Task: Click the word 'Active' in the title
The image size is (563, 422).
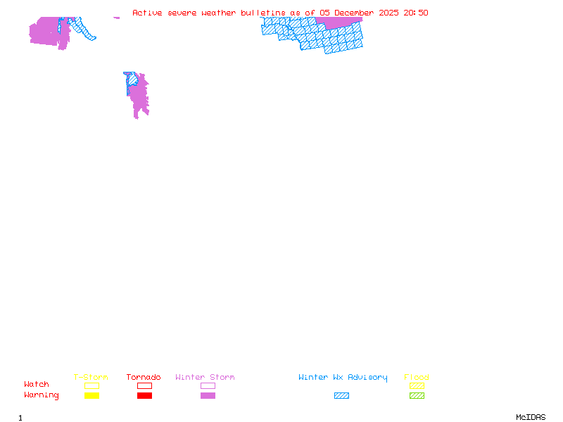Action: point(147,13)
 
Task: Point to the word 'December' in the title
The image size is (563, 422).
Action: point(354,13)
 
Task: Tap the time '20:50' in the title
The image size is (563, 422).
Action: point(416,13)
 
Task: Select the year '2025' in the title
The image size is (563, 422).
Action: point(389,13)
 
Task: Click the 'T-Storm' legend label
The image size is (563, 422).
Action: point(91,378)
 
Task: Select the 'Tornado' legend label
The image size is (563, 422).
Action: point(144,378)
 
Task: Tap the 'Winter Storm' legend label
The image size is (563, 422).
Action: point(205,378)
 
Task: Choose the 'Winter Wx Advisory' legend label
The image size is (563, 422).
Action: point(343,378)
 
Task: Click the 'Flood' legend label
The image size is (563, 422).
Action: point(417,378)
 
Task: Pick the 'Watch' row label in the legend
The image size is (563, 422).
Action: point(37,385)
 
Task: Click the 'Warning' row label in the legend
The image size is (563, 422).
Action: point(42,395)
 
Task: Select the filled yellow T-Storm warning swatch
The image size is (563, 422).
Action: point(91,396)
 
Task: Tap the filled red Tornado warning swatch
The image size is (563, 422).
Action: point(144,396)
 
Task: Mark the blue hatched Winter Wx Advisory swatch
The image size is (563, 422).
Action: point(341,396)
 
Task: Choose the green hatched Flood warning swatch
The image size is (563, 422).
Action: point(417,396)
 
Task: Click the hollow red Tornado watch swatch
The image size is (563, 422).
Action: point(144,386)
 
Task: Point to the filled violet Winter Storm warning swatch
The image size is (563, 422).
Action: point(208,396)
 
